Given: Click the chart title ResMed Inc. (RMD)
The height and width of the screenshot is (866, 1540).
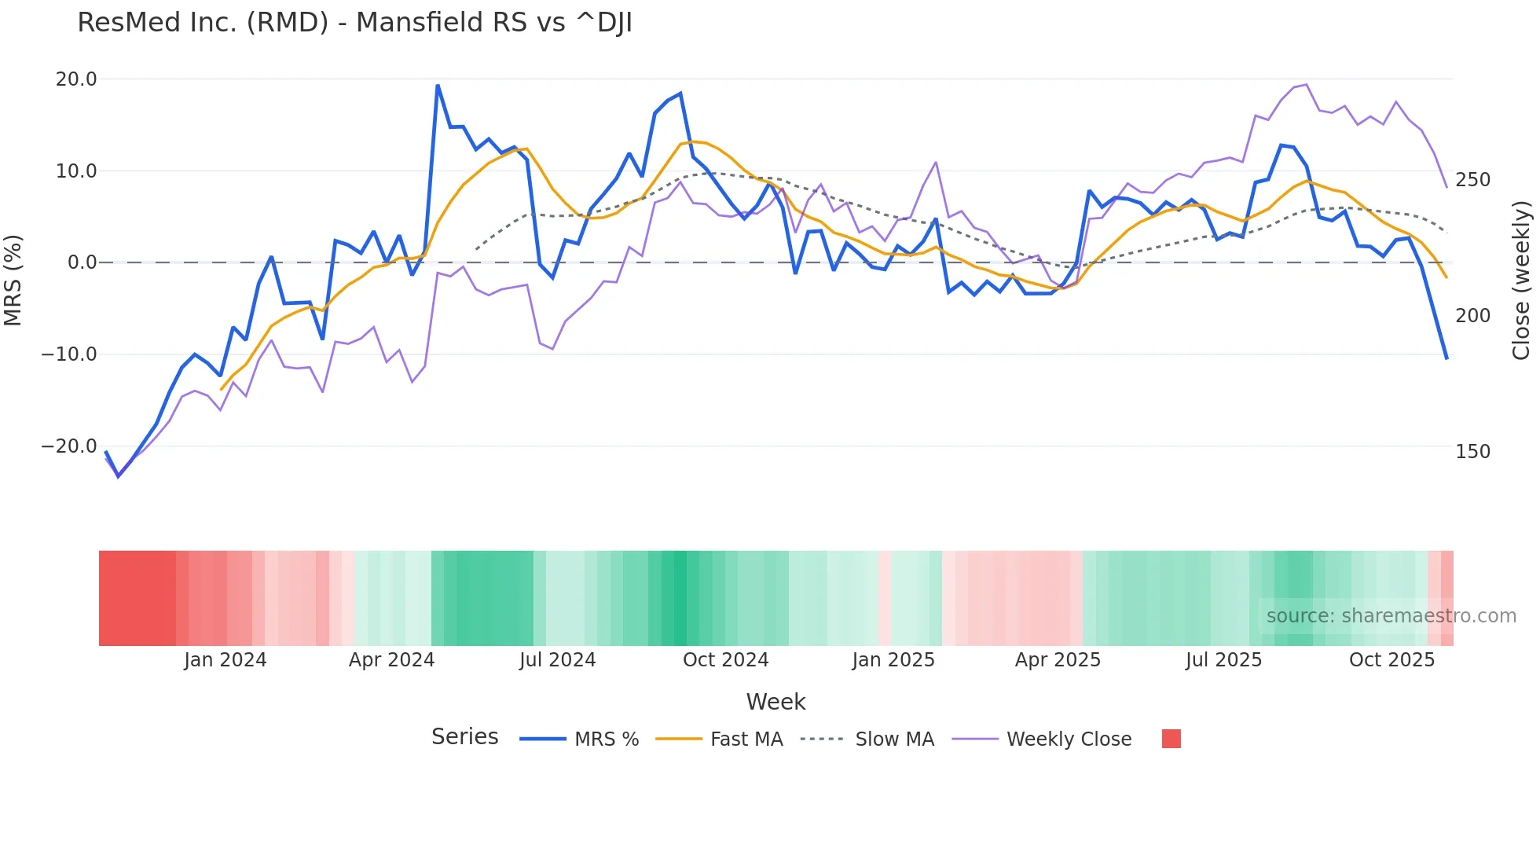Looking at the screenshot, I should click(354, 23).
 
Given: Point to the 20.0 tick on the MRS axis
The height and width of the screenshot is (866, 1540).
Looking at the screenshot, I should click(76, 79).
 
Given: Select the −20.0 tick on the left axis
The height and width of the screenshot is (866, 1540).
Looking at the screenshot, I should click(69, 446).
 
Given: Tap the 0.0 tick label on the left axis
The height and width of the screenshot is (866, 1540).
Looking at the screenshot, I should click(82, 262).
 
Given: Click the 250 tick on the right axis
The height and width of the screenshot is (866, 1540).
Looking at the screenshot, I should click(1472, 180).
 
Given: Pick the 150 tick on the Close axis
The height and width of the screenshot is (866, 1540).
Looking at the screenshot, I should click(1472, 452).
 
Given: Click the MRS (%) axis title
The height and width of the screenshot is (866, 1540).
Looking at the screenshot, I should click(13, 280).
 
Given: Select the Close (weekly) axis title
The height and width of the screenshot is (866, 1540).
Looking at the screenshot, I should click(1521, 280).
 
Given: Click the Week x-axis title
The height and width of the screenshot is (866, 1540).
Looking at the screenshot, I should click(775, 702).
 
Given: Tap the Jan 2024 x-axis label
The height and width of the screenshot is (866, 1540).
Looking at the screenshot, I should click(225, 660).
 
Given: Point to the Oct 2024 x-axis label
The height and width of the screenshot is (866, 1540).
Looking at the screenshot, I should click(725, 660).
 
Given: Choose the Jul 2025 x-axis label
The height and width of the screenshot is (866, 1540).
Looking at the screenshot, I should click(1223, 660).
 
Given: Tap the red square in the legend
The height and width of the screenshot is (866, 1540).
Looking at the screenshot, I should click(1171, 739).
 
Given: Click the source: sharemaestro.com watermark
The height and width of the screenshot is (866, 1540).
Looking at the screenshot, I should click(1391, 616).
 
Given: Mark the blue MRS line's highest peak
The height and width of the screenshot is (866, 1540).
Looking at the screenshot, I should click(438, 86).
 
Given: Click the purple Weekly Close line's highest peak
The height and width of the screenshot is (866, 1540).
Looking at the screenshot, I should click(1306, 84).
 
